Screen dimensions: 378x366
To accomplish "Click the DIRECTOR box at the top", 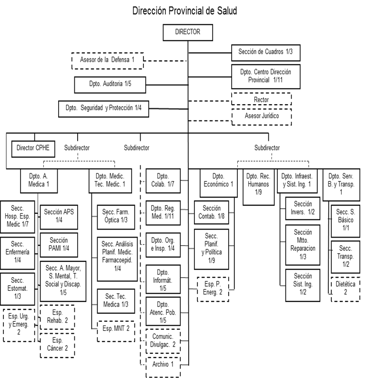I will point(187,32).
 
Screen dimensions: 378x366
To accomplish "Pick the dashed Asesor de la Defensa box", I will point(107,60).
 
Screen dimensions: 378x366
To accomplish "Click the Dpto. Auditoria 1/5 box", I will point(110,84).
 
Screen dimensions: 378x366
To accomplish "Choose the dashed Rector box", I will point(261,99).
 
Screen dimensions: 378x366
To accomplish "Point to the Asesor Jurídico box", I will point(261,116).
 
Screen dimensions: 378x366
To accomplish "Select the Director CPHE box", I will point(32,148).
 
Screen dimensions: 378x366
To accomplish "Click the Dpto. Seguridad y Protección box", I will point(103,109).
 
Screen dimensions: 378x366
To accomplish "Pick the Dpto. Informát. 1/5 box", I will point(163,279).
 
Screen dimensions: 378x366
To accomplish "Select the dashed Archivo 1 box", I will point(163,365).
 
